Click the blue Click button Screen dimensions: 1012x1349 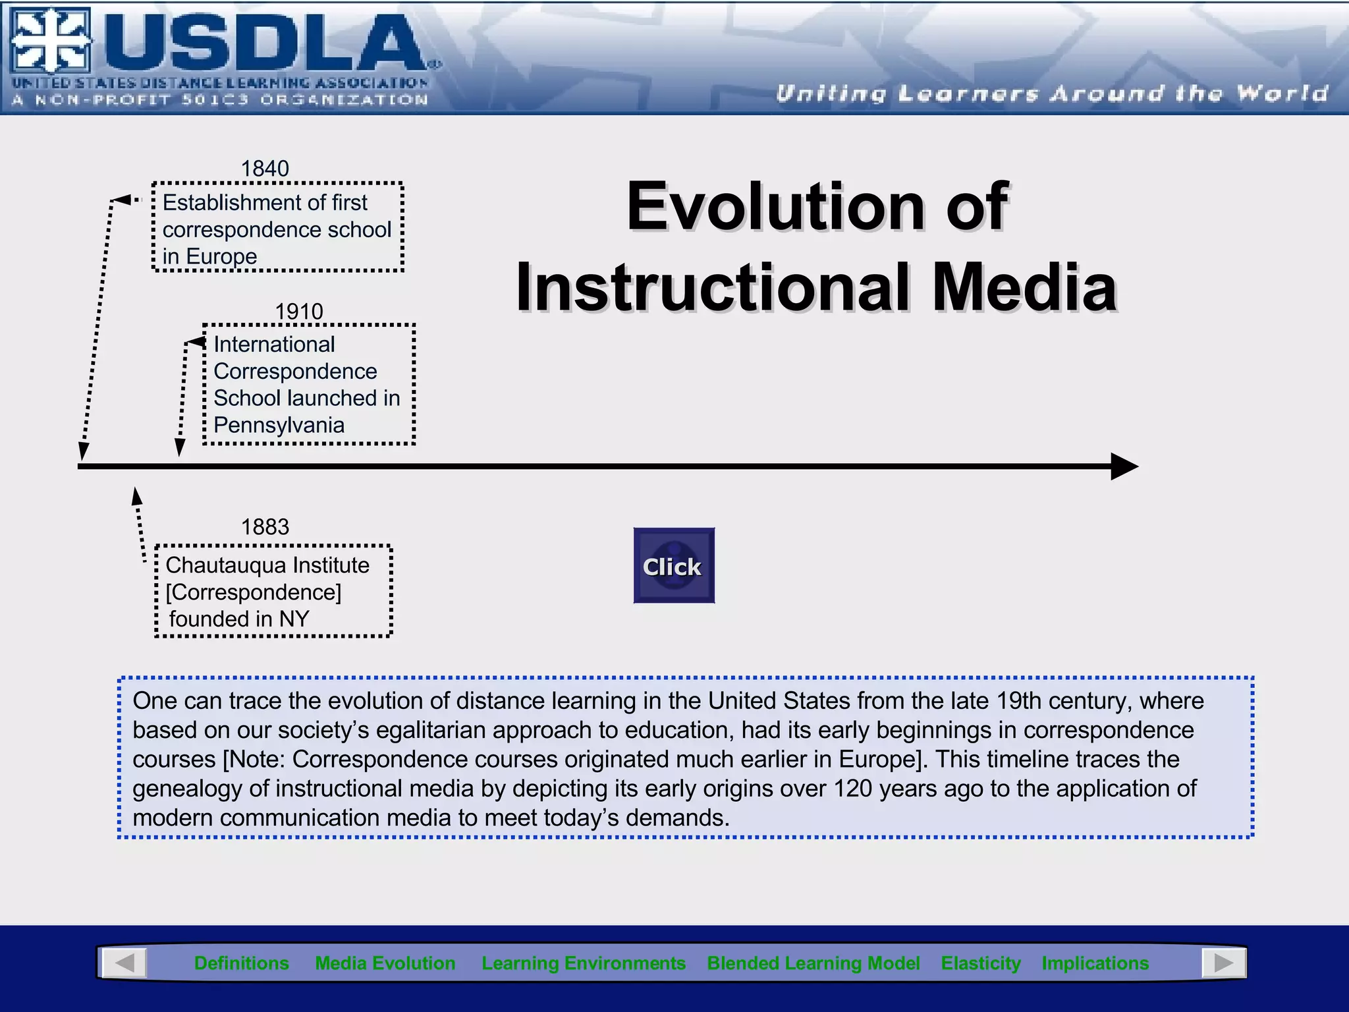(x=674, y=565)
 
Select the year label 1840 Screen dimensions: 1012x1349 (x=265, y=169)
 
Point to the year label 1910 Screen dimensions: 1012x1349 (x=299, y=311)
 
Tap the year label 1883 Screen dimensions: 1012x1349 (x=265, y=526)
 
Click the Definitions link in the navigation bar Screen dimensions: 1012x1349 (x=241, y=963)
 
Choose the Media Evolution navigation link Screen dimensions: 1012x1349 (x=385, y=963)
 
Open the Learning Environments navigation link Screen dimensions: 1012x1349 (x=584, y=963)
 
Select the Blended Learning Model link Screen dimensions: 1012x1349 (x=813, y=963)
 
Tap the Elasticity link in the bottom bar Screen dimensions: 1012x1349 (x=981, y=963)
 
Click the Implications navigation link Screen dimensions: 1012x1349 (x=1095, y=963)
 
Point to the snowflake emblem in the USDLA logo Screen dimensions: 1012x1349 (x=51, y=41)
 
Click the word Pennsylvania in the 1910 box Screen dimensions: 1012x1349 (x=279, y=425)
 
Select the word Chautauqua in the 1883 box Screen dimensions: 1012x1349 (x=226, y=565)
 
